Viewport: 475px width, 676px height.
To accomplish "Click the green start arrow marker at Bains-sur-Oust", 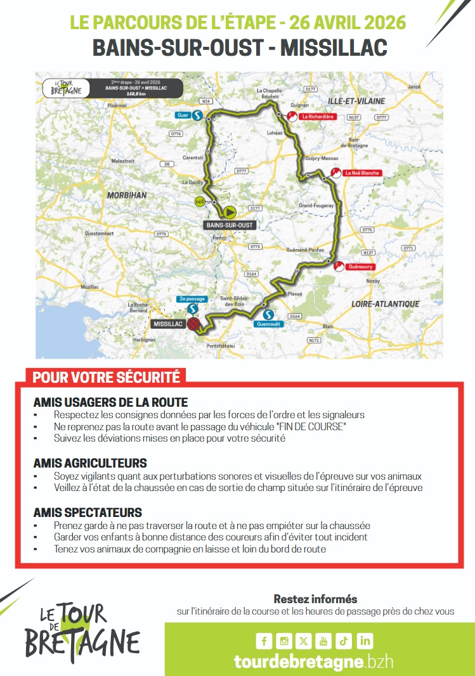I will point(229,212).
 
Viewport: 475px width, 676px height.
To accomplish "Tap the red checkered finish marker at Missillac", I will point(196,324).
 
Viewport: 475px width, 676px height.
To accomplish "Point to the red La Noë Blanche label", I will point(361,172).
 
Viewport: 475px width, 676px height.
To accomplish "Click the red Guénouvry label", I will point(360,267).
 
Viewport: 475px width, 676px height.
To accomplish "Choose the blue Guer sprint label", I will point(184,115).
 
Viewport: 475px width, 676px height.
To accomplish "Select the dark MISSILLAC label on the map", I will point(168,324).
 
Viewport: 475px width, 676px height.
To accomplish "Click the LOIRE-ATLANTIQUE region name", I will point(386,304).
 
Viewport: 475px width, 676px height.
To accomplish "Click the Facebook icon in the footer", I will point(264,641).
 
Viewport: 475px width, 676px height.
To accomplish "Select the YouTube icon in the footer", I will point(323,641).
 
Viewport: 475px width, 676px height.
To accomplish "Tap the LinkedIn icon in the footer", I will point(365,641).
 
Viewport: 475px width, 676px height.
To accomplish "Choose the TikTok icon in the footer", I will point(344,641).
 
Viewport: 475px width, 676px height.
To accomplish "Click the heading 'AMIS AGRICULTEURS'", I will point(90,463).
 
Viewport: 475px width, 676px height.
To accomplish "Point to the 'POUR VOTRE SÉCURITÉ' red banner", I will point(107,377).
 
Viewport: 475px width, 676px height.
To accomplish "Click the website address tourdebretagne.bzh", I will point(314,661).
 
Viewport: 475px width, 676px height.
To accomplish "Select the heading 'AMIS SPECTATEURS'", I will point(88,513).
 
